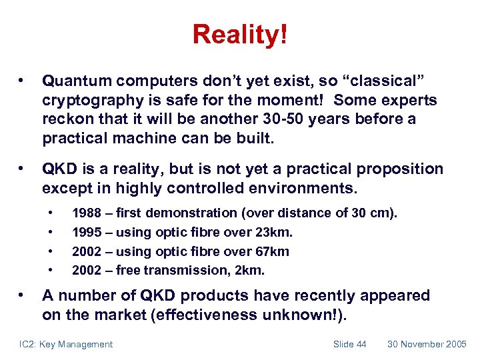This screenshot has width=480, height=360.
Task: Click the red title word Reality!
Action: pyautogui.click(x=240, y=34)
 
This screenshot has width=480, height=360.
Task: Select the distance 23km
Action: pyautogui.click(x=274, y=232)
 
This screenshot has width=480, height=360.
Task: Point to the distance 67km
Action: pyautogui.click(x=271, y=251)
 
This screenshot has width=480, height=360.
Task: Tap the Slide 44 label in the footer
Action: pyautogui.click(x=350, y=344)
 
